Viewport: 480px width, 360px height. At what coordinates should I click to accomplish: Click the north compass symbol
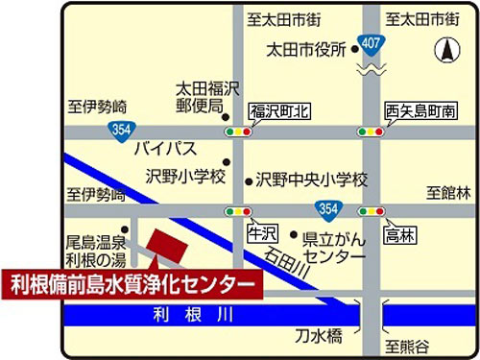pyautogui.click(x=444, y=47)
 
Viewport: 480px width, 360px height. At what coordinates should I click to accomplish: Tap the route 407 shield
pyautogui.click(x=370, y=41)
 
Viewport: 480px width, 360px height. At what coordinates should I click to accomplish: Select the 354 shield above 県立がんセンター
pyautogui.click(x=327, y=208)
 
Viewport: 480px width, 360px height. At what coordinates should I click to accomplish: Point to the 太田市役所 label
pyautogui.click(x=306, y=50)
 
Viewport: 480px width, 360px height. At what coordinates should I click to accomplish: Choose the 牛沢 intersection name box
pyautogui.click(x=261, y=232)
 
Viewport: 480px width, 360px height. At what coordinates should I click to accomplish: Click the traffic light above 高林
pyautogui.click(x=372, y=211)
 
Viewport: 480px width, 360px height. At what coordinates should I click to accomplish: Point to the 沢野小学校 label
pyautogui.click(x=185, y=177)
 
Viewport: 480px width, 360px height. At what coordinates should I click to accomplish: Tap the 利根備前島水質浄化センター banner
pyautogui.click(x=133, y=284)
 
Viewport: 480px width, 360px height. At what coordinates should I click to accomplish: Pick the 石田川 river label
pyautogui.click(x=285, y=263)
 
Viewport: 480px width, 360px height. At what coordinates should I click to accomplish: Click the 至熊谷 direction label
pyautogui.click(x=409, y=345)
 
